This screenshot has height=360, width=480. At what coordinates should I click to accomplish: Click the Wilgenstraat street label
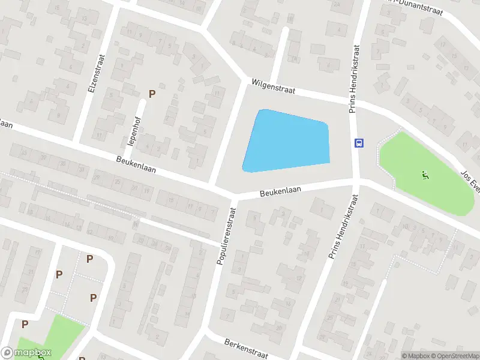(x=274, y=88)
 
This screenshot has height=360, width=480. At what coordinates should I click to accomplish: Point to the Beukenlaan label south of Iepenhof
(x=136, y=165)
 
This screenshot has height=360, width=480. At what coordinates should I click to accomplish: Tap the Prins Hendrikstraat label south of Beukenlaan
(x=343, y=227)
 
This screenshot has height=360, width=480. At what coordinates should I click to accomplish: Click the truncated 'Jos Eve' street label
(x=470, y=178)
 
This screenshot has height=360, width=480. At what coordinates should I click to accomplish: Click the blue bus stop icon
(x=359, y=143)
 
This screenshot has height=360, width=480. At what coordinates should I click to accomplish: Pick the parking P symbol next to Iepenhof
(x=152, y=94)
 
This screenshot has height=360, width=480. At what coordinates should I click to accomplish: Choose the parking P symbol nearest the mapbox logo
(x=25, y=324)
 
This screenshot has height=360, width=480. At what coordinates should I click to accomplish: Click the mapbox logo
(x=27, y=352)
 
